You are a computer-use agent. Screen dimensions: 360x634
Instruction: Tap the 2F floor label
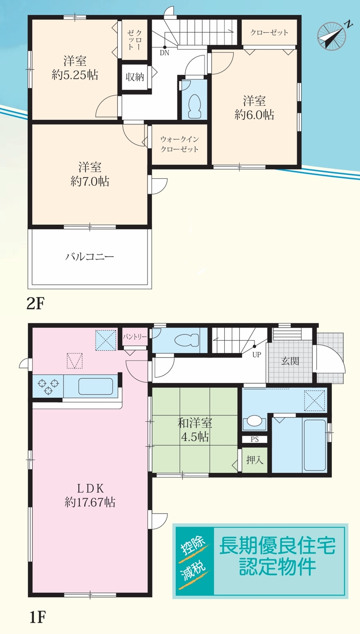pos(36,304)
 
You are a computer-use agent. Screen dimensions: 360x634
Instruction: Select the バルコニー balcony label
pos(90,257)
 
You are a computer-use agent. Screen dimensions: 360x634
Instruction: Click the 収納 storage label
pos(135,77)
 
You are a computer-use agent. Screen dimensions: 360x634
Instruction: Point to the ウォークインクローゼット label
pos(180,144)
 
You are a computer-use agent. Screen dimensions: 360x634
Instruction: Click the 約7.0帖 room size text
pos(90,181)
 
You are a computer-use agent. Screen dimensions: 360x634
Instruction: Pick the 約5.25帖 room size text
pos(75,75)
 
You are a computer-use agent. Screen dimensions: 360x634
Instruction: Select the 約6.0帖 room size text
pos(254,114)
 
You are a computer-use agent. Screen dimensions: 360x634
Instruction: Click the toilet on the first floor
pos(187,340)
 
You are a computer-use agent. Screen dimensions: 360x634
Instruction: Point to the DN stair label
pos(164,53)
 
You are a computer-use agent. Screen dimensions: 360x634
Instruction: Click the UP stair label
pos(257,354)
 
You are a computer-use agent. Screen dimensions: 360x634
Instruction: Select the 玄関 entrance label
pos(290,361)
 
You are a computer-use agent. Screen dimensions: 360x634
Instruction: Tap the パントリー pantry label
pos(135,336)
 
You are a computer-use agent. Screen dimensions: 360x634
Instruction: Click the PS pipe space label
pos(255,439)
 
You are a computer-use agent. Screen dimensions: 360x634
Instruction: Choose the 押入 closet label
pos(255,460)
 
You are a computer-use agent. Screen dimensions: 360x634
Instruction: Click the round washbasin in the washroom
pos(255,421)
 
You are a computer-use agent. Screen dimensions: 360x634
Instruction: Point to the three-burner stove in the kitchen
pos(49,385)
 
